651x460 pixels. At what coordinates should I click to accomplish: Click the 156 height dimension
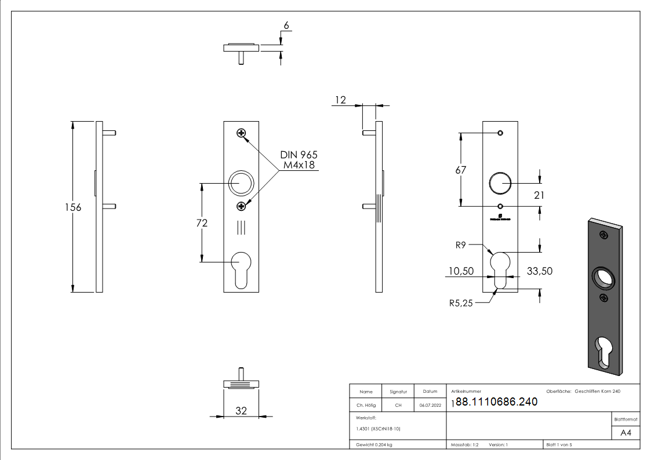pos(73,207)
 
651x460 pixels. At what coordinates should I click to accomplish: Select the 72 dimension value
pos(202,222)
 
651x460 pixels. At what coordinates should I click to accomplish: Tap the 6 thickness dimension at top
pos(285,26)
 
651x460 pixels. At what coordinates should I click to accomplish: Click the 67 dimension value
pos(461,170)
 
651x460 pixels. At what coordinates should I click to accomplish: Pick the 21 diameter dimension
pos(539,195)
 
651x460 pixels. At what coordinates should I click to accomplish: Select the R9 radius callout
pos(461,245)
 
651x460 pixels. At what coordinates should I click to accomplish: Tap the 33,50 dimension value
pos(539,271)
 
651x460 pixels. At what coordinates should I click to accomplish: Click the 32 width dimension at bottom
pos(241,411)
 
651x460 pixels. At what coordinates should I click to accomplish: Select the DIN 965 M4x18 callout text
pos(299,160)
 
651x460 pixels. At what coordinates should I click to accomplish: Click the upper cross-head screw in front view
pos(241,134)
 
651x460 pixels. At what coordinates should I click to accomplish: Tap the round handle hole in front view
pos(241,183)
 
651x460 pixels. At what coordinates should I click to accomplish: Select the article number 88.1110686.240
pos(497,402)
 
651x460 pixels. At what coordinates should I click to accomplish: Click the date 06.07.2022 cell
pos(430,406)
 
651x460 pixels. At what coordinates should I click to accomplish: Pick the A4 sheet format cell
pos(626,433)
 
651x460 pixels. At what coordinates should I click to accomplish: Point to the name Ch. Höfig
pos(366,406)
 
